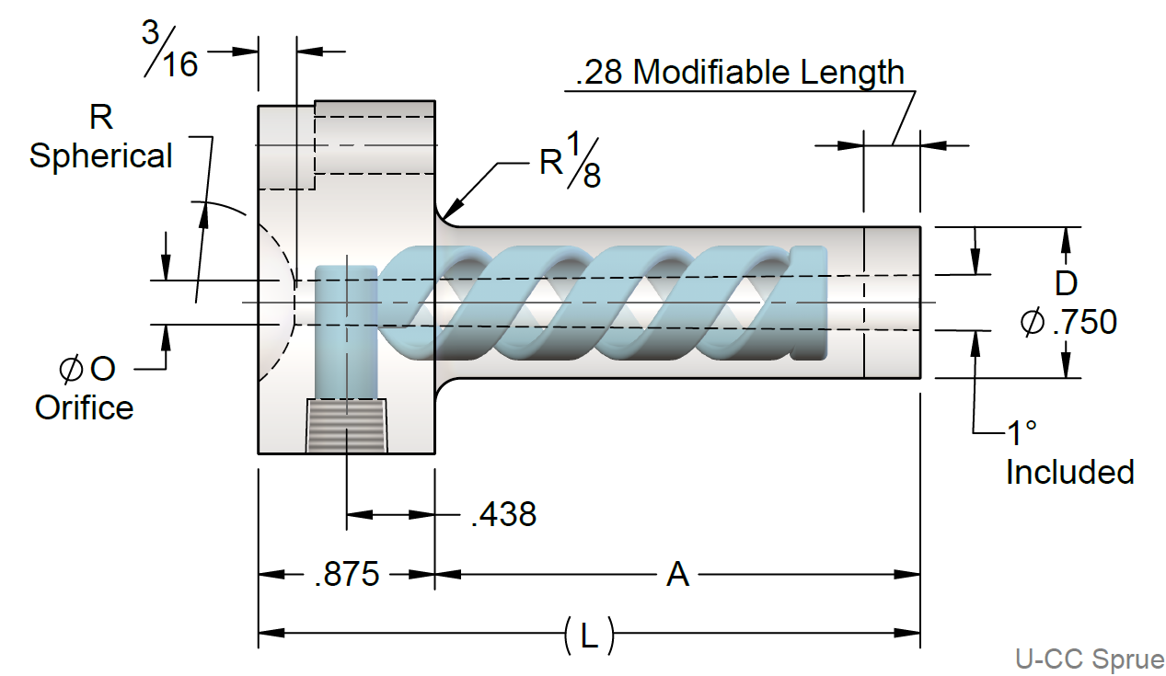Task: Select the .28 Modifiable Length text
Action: pyautogui.click(x=739, y=72)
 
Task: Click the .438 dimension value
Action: pyautogui.click(x=502, y=514)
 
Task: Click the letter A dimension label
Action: pyautogui.click(x=677, y=575)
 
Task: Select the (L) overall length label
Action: pyautogui.click(x=588, y=634)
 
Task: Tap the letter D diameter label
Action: pyautogui.click(x=1066, y=281)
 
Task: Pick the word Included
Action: pyautogui.click(x=1068, y=472)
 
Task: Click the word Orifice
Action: pyautogui.click(x=84, y=407)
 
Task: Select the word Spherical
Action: pyautogui.click(x=100, y=155)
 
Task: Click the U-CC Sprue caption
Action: pyautogui.click(x=1090, y=659)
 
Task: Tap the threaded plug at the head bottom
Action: pyautogui.click(x=346, y=426)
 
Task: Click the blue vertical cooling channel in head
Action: pyautogui.click(x=345, y=331)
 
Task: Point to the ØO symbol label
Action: pyautogui.click(x=87, y=369)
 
